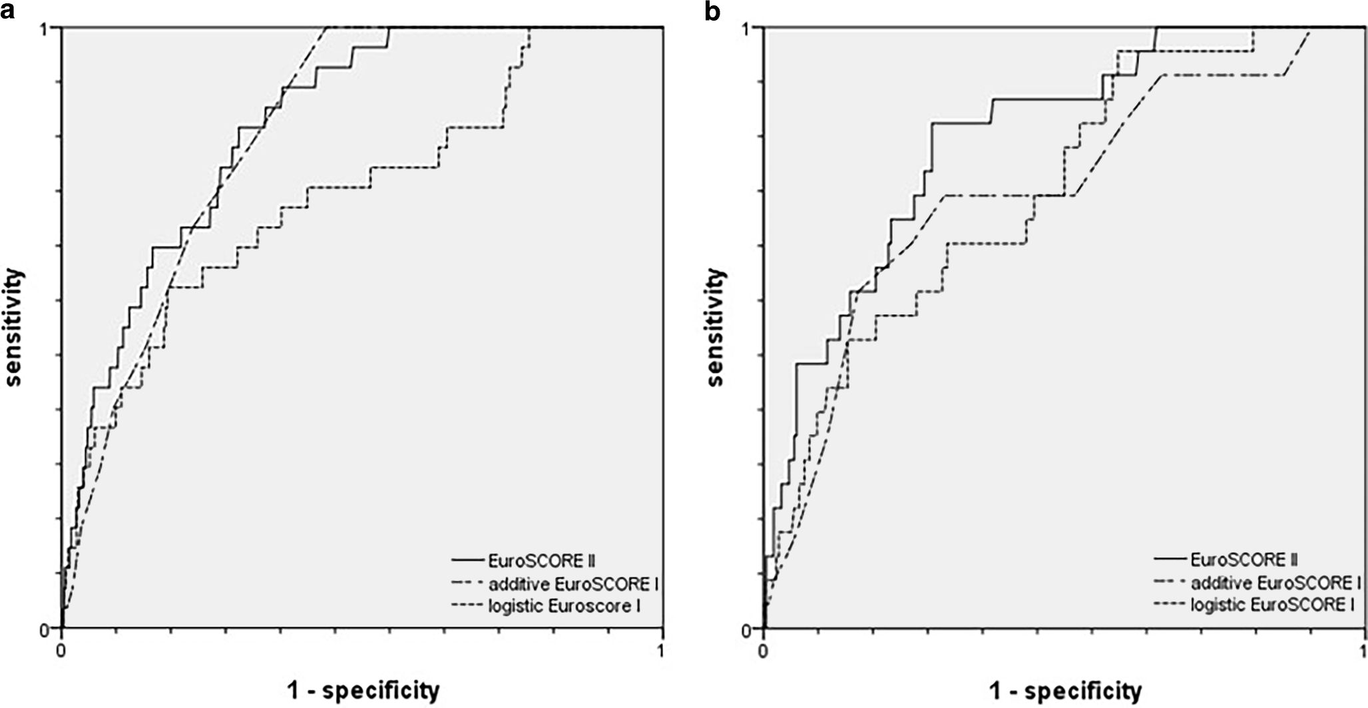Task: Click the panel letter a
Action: [8, 11]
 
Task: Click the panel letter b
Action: [712, 11]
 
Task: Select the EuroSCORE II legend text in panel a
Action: [546, 560]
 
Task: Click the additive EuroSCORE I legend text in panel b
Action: [1275, 583]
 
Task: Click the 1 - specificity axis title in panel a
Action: [363, 691]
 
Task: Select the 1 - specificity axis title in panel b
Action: [1065, 691]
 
